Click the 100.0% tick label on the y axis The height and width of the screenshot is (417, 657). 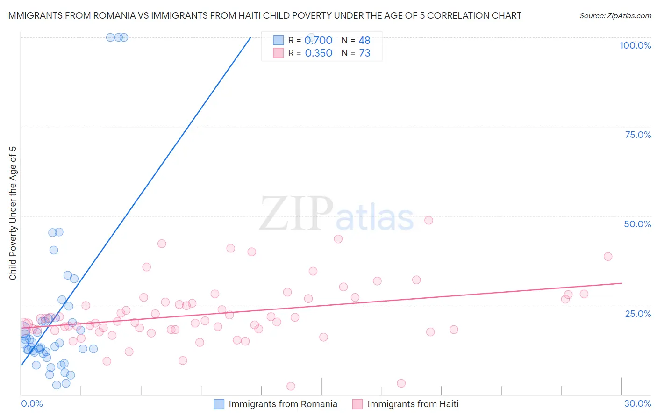(635, 45)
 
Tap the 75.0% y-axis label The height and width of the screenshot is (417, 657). (638, 135)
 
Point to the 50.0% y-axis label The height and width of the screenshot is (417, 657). (637, 224)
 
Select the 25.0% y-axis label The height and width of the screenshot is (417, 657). (638, 313)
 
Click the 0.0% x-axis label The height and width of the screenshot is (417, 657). (32, 403)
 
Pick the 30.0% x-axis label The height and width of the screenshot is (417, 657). (637, 403)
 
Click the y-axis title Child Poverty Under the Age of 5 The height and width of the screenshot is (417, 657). (13, 213)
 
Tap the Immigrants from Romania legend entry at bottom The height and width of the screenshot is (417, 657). (283, 404)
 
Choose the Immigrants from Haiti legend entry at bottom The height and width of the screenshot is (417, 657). (413, 404)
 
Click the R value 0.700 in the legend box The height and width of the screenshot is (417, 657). (318, 41)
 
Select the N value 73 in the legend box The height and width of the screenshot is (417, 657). (364, 53)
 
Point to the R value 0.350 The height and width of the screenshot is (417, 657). (318, 53)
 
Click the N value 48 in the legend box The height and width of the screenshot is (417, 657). (364, 41)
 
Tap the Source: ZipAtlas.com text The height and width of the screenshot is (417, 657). (615, 16)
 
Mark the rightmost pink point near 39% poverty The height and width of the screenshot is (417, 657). (608, 256)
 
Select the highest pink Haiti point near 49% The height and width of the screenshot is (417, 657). (428, 220)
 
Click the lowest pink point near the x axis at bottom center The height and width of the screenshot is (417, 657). (291, 386)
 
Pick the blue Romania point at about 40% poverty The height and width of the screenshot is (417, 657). (54, 250)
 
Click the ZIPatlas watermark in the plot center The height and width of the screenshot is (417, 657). (336, 214)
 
